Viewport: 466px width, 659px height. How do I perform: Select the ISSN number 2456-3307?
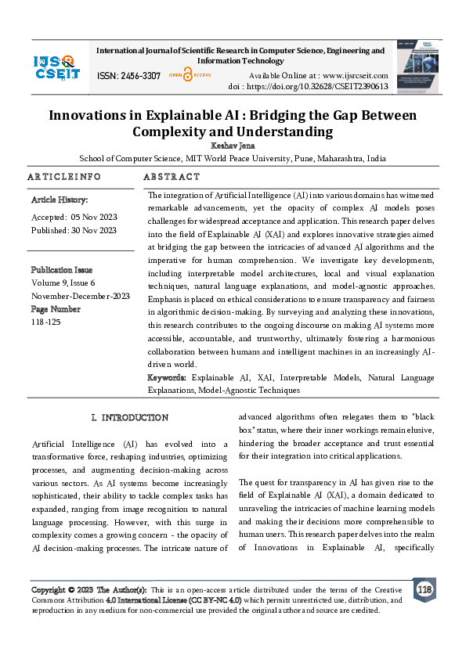[x=128, y=76]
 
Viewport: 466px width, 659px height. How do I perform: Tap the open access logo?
[x=187, y=75]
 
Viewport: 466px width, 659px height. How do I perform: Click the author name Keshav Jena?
[x=233, y=145]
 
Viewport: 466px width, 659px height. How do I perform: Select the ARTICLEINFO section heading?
[x=64, y=177]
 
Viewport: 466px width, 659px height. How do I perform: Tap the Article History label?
[x=54, y=200]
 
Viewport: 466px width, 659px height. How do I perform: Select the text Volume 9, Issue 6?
[x=63, y=283]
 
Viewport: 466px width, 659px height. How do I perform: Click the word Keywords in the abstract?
[x=168, y=378]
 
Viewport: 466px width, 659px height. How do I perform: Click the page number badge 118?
[x=424, y=589]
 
